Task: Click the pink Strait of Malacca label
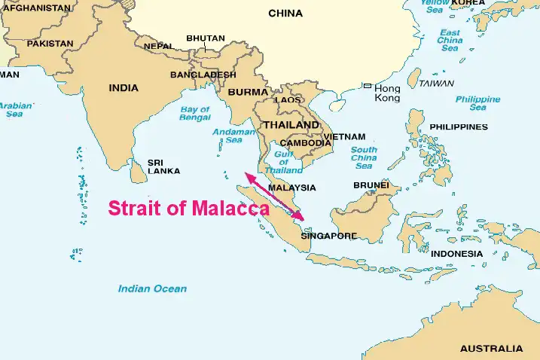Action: tap(189, 209)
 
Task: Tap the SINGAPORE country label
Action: tap(328, 236)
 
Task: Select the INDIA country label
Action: tap(124, 88)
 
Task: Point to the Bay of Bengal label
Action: tap(194, 114)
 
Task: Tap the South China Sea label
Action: tap(364, 157)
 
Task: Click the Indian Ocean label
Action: tap(152, 288)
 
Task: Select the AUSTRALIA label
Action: tap(491, 349)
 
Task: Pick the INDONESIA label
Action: tap(456, 253)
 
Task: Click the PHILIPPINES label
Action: tap(458, 127)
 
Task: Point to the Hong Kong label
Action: tap(387, 93)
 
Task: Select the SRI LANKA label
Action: tap(163, 166)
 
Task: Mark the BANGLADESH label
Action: tap(203, 75)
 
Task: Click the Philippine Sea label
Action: tap(477, 103)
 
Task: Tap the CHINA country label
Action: tap(285, 14)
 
